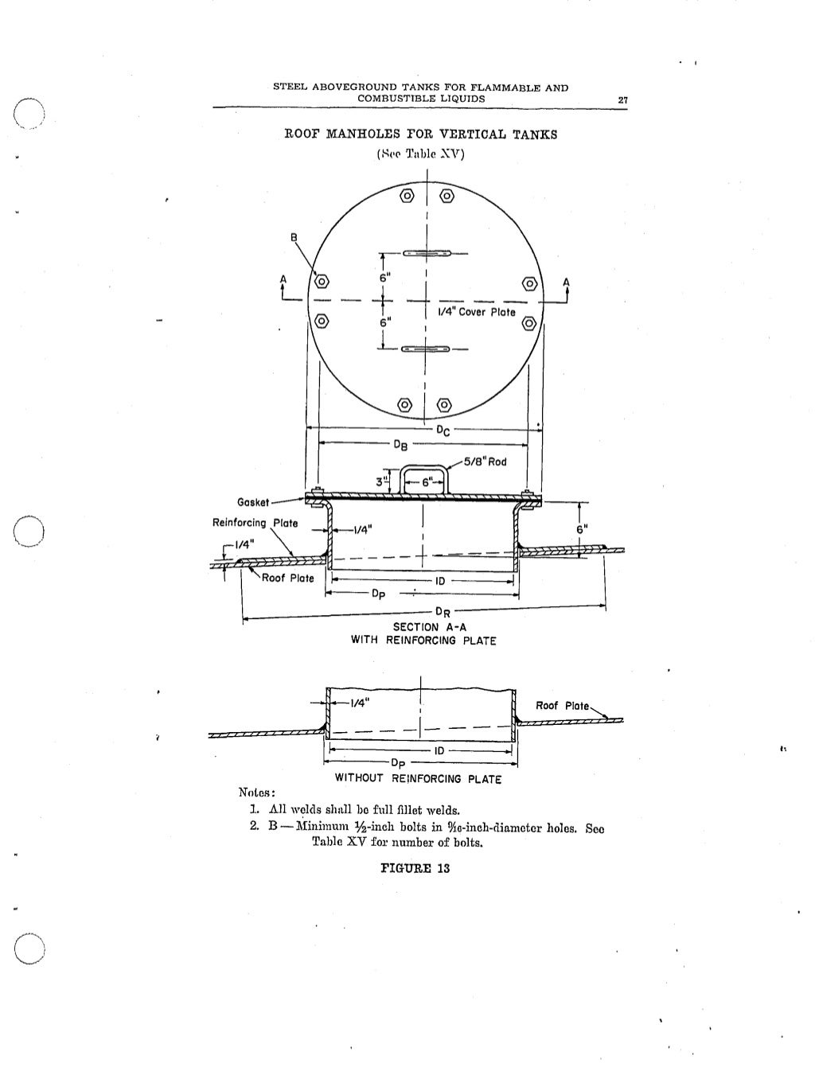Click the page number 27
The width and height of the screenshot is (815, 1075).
click(622, 99)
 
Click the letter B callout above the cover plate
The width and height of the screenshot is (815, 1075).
click(294, 237)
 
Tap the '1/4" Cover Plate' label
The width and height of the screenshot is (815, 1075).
click(476, 312)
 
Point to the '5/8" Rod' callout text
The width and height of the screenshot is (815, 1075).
click(485, 462)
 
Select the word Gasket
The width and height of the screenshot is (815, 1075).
click(253, 502)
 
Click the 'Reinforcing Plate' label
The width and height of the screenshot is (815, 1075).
click(255, 523)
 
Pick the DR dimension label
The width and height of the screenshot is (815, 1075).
click(443, 613)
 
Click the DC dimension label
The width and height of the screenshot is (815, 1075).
click(443, 430)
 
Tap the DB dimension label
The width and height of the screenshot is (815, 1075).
click(401, 445)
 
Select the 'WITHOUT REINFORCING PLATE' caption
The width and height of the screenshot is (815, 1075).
click(418, 779)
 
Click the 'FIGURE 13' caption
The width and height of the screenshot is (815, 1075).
click(415, 868)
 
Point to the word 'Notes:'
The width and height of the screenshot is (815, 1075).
click(257, 793)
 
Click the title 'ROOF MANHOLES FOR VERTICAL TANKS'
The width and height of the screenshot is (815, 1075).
click(420, 134)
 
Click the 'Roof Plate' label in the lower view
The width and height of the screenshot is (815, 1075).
click(562, 706)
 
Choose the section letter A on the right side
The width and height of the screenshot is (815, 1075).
click(566, 282)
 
